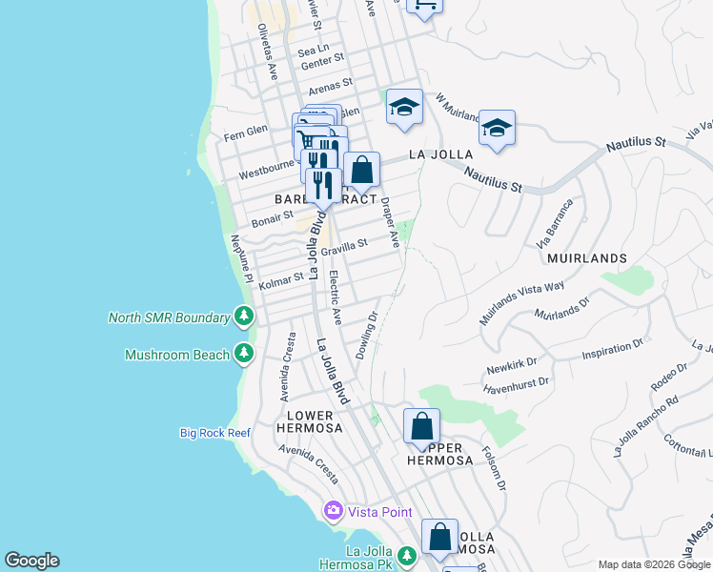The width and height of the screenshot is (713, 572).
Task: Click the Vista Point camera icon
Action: [334, 511]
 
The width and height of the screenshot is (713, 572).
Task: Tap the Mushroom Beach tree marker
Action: [245, 355]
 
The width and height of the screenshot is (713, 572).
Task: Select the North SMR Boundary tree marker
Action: [245, 317]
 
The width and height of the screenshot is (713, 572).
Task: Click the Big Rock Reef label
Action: [215, 433]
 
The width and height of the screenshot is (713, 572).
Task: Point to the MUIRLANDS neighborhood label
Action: [587, 258]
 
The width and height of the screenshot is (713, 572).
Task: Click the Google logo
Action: [31, 561]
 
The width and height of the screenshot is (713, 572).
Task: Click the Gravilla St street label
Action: [344, 248]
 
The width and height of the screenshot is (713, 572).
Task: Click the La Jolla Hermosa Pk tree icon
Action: [407, 555]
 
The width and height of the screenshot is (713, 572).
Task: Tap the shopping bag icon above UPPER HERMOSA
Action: [421, 426]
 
